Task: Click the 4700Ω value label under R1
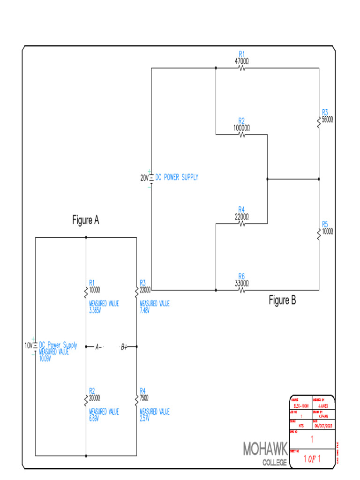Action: pos(241,61)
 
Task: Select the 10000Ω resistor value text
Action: pos(241,127)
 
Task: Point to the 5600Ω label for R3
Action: pos(328,120)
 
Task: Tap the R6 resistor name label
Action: pos(241,276)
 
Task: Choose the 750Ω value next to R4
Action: pos(144,397)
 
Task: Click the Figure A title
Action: pos(85,220)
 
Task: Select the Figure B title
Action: pos(282,301)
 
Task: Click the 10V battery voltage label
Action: pos(28,345)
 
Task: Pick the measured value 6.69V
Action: pos(94,418)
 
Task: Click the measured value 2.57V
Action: pos(144,418)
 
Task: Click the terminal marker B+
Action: pos(124,347)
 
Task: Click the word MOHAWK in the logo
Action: pos(265,449)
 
